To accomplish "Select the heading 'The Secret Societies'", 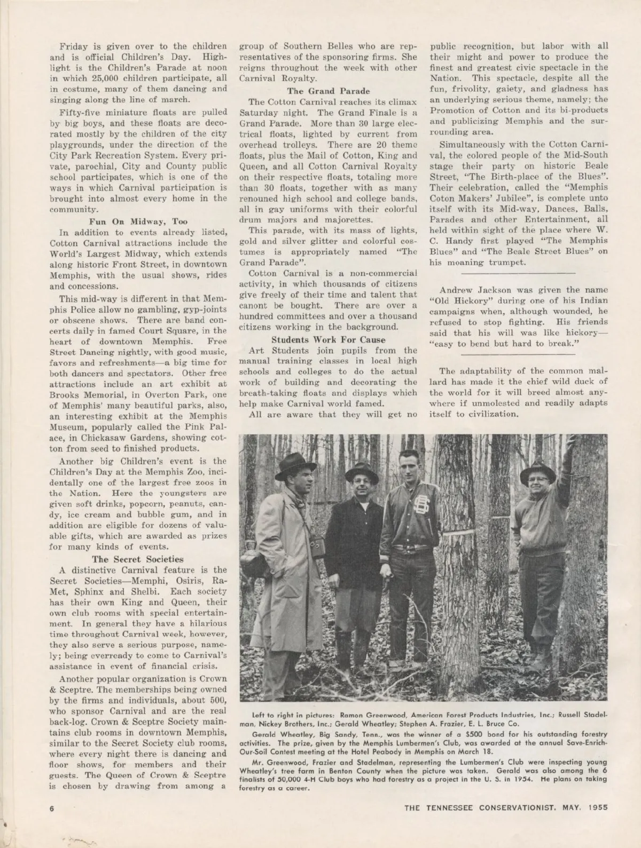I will [x=138, y=559].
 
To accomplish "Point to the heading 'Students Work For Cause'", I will [x=328, y=339].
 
